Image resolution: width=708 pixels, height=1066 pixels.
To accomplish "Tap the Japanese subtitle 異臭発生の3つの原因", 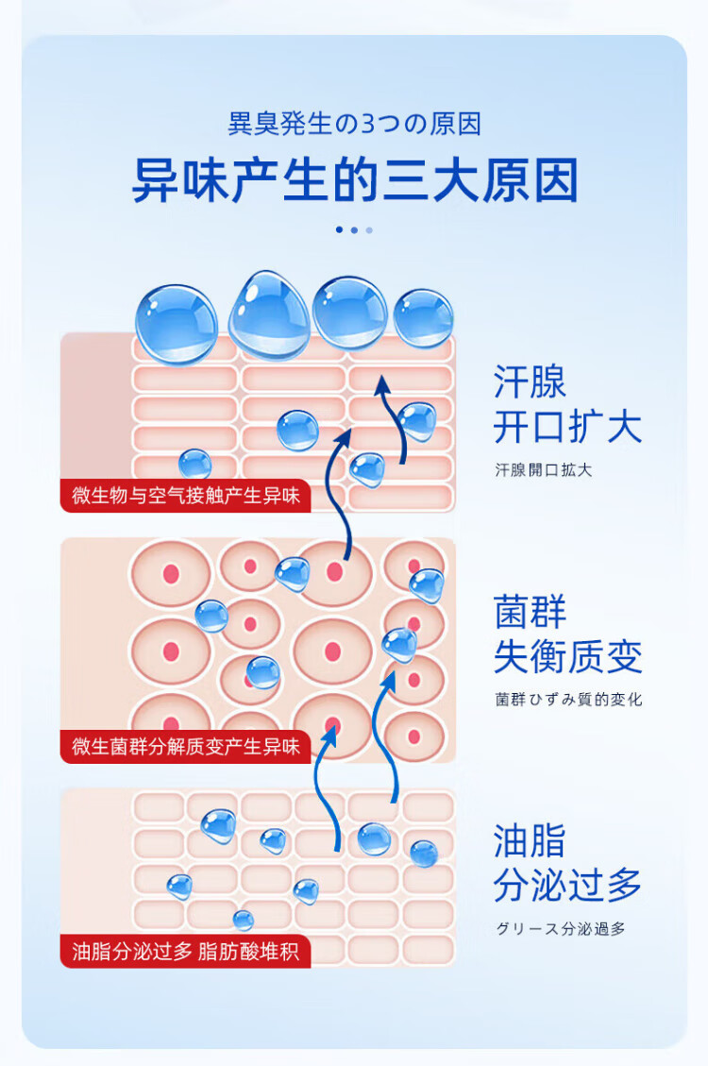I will coord(354,124).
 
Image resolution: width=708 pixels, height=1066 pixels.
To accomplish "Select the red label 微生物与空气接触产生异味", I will coord(186,495).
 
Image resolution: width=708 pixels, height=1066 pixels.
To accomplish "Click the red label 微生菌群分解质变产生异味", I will coord(186,747).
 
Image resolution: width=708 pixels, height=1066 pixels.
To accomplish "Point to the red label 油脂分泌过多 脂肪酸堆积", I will coord(186,951).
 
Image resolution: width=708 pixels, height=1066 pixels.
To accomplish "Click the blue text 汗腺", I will coord(530,382).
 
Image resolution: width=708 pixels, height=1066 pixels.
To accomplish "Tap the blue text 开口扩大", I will coord(567,427).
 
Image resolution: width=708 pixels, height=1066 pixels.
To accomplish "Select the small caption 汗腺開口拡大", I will coord(544,470).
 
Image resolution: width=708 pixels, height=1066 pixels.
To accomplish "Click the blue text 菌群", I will coord(530,612).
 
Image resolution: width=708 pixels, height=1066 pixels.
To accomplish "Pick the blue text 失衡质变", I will coord(567,656).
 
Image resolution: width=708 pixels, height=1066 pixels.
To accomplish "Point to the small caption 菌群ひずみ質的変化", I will coord(568,700).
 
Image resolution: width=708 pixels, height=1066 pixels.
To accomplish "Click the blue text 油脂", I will coord(530,840).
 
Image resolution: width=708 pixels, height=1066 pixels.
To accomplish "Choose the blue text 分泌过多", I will coord(567,885).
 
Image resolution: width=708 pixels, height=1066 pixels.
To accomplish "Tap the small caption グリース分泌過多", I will coord(561,929).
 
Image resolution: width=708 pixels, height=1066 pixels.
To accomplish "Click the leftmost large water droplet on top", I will coord(177,324).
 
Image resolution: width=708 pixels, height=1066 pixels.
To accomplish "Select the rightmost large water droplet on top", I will coord(424,318).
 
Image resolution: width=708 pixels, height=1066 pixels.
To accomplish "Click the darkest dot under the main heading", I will coord(339,229).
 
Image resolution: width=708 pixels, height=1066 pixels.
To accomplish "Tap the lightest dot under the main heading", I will coord(369,229).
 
